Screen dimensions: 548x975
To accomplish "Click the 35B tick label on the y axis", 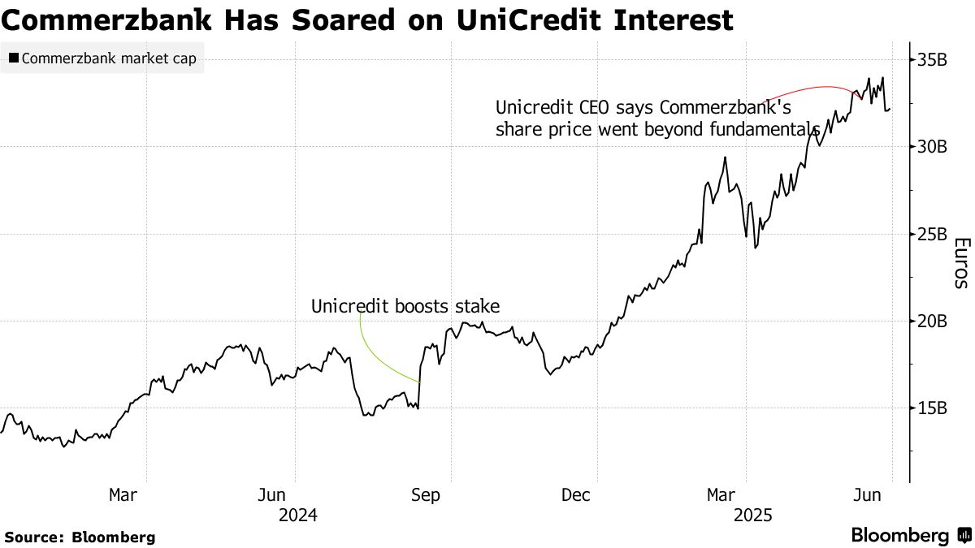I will (932, 60).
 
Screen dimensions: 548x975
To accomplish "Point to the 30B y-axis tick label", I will (932, 147).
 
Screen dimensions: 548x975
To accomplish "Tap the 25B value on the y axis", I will (932, 234).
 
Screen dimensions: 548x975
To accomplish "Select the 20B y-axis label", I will (932, 321).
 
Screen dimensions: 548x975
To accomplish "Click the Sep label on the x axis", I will (427, 494).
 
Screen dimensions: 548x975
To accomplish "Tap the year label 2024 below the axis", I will (297, 515).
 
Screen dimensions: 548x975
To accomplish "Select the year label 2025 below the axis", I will (753, 515).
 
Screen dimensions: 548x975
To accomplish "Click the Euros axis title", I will (960, 263).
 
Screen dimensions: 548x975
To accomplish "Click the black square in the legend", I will (13, 58).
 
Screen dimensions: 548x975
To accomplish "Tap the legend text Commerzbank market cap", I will (109, 58).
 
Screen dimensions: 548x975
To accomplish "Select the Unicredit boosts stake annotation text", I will (405, 306).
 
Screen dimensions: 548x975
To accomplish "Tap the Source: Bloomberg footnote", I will (80, 537).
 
